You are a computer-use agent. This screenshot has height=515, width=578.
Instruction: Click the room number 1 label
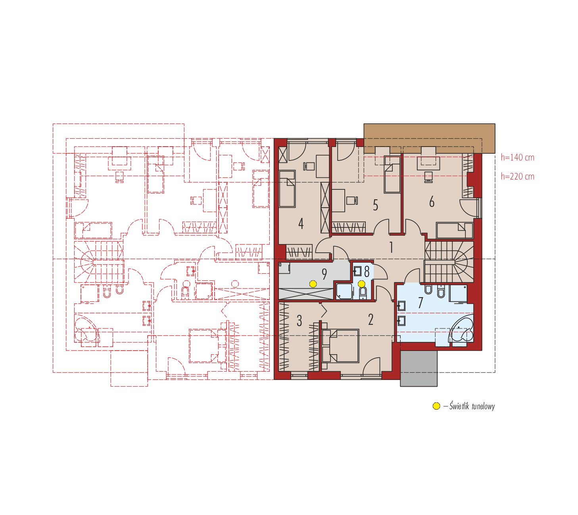tap(391, 248)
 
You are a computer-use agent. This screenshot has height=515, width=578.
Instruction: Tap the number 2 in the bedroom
tap(371, 320)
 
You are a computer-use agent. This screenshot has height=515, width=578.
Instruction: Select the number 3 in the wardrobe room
tap(299, 321)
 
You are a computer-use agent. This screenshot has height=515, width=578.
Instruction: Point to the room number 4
tap(301, 224)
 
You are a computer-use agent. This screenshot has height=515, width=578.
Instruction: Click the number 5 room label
tap(375, 205)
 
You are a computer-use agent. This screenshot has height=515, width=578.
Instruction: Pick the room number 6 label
tap(432, 202)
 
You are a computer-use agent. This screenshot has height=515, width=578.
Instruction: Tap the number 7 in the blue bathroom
tap(421, 303)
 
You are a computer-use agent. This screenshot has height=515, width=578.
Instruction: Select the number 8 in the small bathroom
tap(367, 272)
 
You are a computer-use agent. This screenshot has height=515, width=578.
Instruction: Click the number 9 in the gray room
tap(324, 274)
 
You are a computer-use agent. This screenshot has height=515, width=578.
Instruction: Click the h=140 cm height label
tap(517, 157)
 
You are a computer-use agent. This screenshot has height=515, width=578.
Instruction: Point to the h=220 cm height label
tap(517, 176)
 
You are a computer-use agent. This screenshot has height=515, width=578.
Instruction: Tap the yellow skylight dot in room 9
tap(313, 284)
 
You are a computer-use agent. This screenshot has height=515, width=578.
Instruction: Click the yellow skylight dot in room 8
tap(361, 284)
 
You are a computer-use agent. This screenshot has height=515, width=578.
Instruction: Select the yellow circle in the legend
tap(436, 406)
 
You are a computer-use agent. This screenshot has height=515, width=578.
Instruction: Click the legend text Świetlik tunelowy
tap(472, 406)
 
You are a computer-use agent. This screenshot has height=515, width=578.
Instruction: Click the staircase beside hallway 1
tap(449, 261)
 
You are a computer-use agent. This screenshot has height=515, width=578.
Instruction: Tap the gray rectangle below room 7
tap(419, 368)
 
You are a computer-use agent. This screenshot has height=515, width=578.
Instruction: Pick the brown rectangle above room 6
tap(429, 135)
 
